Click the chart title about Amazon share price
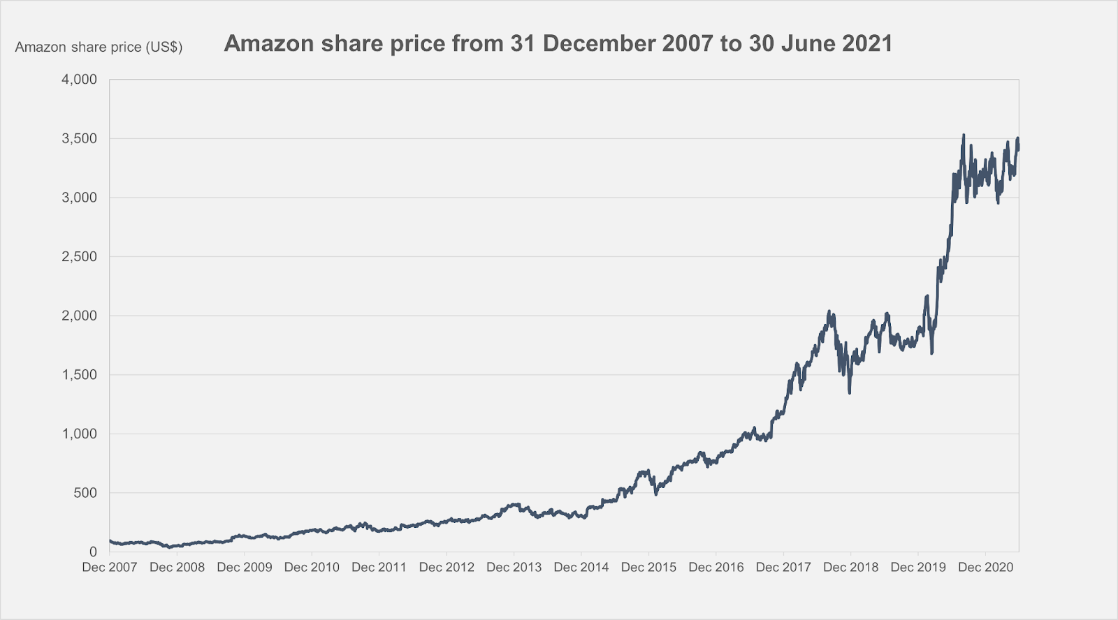558,44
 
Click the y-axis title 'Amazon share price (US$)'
99,47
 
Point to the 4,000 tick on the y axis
79,80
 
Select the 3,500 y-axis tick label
79,139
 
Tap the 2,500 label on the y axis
79,257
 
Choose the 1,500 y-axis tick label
79,375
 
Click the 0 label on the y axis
93,552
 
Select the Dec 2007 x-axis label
110,568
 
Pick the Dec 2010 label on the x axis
312,568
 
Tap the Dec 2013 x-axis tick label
514,568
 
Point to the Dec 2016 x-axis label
716,568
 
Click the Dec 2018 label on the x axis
850,568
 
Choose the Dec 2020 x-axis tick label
985,568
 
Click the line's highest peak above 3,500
964,135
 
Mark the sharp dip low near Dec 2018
849,393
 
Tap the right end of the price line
1018,146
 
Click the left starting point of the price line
110,540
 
